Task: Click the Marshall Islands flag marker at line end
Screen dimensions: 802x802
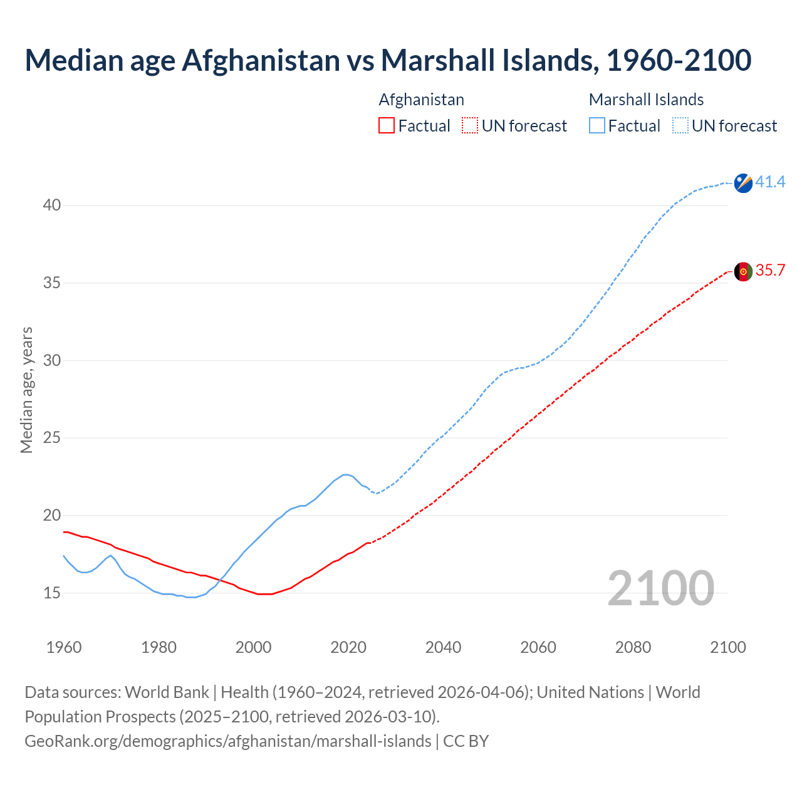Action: click(743, 183)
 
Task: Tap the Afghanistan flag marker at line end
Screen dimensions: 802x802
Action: click(743, 271)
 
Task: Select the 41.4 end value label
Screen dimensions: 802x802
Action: click(770, 182)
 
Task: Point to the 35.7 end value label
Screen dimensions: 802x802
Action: click(770, 271)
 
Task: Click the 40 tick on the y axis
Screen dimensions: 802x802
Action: click(52, 206)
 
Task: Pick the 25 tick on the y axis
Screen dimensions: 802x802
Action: click(52, 438)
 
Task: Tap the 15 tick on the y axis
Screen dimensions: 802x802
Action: click(52, 593)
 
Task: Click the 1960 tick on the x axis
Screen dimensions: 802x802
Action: click(64, 647)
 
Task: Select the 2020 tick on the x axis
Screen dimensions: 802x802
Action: click(348, 647)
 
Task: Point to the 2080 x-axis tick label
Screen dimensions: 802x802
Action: click(633, 647)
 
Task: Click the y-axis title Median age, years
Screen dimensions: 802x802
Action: click(26, 390)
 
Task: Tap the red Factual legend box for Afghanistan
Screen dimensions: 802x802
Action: click(387, 126)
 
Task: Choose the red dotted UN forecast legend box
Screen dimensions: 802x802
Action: click(470, 126)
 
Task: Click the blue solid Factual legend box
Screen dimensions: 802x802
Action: click(597, 126)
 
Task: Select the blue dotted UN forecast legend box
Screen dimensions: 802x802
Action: click(680, 126)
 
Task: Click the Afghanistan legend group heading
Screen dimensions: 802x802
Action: click(422, 100)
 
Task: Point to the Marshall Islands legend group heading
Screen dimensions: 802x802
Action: click(646, 100)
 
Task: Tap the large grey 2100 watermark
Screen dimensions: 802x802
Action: click(661, 588)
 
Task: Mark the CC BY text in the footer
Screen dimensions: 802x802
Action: click(466, 741)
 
